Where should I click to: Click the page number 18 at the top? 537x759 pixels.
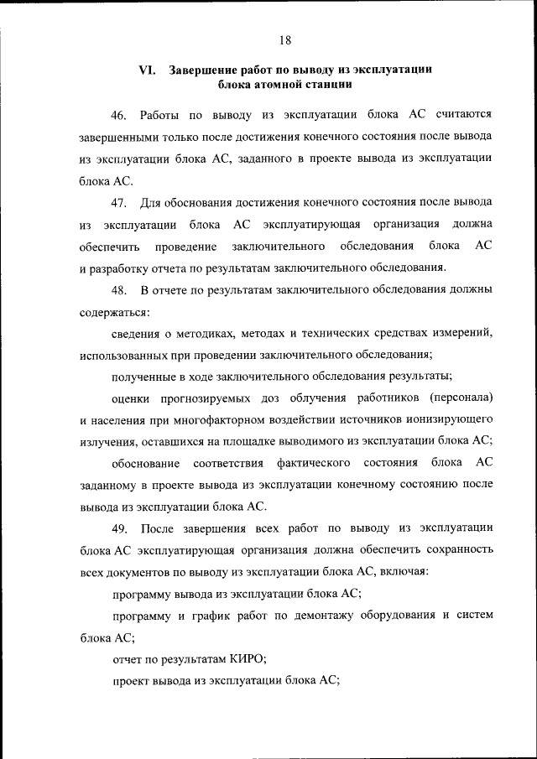(x=284, y=39)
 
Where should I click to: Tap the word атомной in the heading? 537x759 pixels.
(x=273, y=85)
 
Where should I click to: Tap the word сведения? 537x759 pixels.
(x=137, y=334)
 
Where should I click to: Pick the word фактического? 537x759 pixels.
(x=314, y=463)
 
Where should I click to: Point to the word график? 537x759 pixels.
(x=213, y=615)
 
